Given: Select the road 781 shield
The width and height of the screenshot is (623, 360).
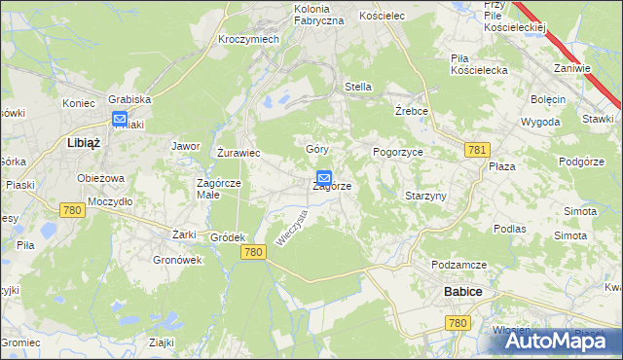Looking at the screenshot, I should pos(477,149).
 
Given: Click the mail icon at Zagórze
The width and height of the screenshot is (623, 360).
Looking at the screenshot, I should pos(324,179).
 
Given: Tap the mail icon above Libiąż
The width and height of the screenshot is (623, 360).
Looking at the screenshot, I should pos(120,120).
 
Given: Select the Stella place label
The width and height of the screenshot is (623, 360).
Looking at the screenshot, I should pos(358,87).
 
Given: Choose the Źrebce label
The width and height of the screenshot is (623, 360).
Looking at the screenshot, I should pos(412,111).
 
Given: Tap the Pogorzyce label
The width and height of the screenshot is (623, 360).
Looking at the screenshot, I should pos(397,153).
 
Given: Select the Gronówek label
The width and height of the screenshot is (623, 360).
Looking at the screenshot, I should pos(177,260).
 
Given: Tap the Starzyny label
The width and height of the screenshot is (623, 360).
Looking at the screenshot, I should pos(425,196).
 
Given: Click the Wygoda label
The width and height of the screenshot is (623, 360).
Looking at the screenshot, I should pos(540,122).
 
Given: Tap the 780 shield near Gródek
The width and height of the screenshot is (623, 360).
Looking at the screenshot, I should pos(253,252).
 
